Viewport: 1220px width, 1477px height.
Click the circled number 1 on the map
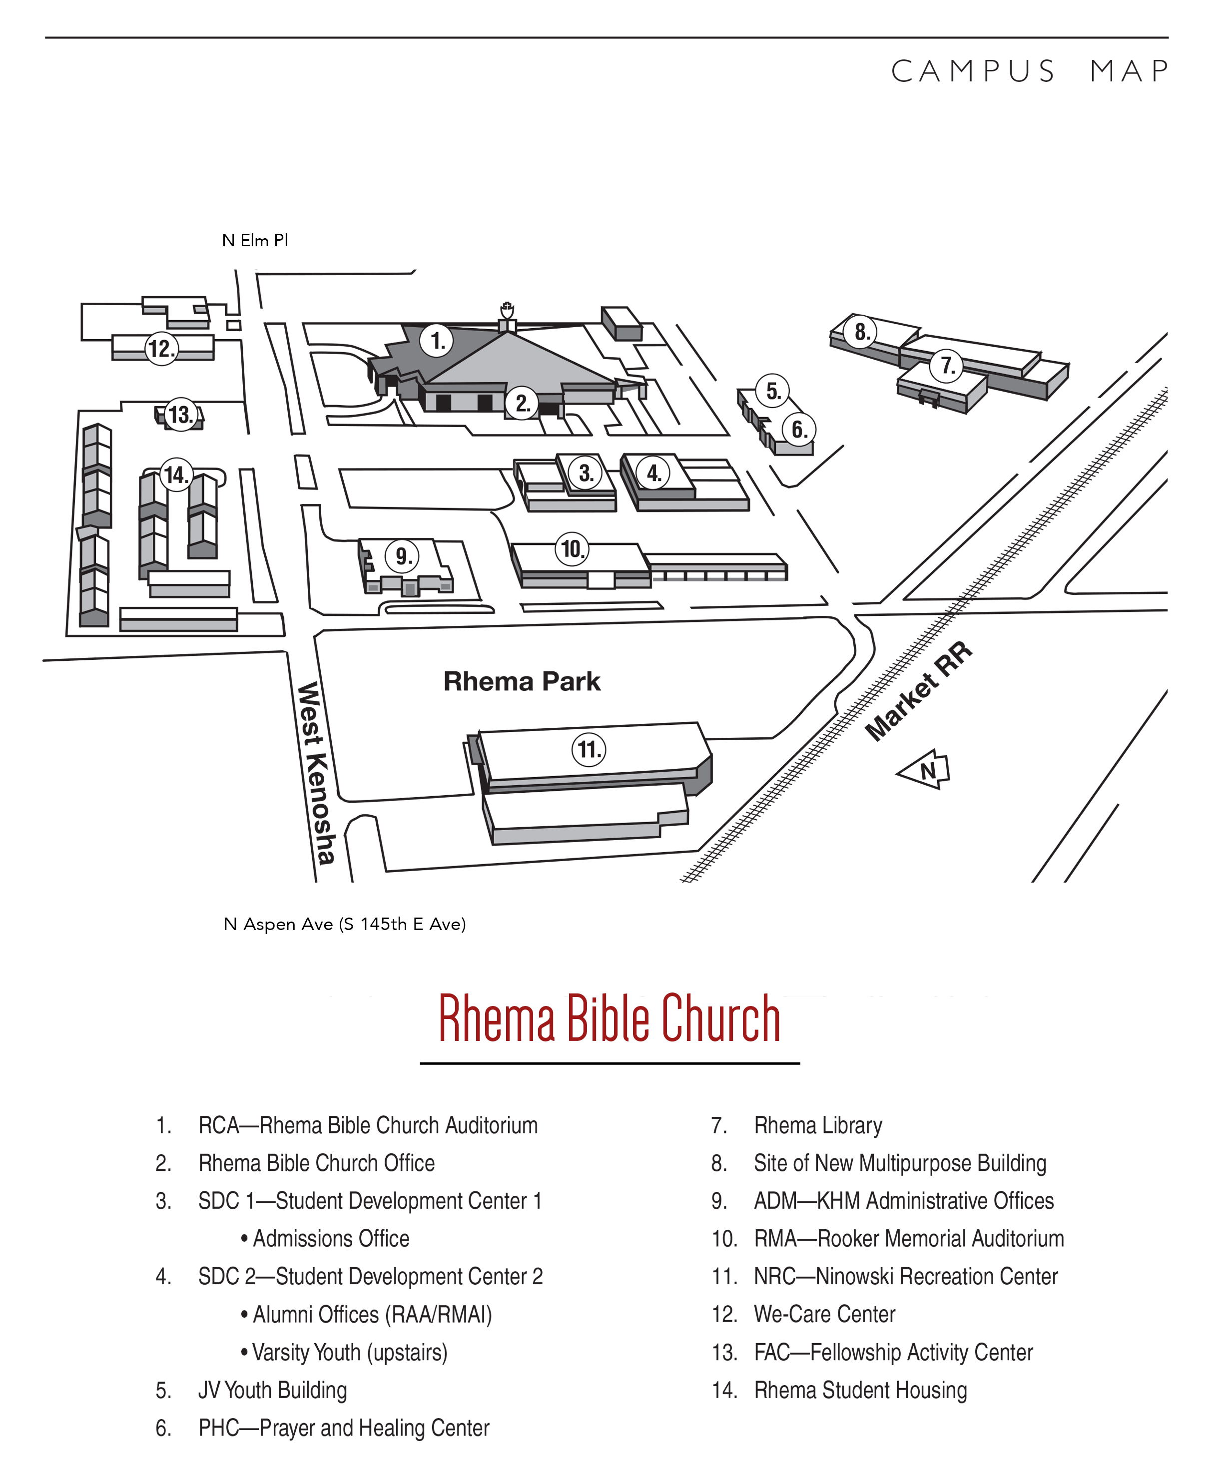[437, 341]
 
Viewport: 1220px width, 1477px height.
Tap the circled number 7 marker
[947, 366]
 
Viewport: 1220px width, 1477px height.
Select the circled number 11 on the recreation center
[588, 750]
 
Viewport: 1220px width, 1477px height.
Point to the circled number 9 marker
[402, 556]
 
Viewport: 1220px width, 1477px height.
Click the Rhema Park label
[522, 681]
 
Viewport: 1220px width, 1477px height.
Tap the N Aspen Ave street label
[344, 924]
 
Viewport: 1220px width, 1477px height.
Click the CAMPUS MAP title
[1030, 71]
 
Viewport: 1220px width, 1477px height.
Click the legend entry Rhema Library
[817, 1125]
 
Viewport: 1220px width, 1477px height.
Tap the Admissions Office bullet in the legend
[325, 1238]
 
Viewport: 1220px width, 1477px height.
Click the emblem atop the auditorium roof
[506, 309]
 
